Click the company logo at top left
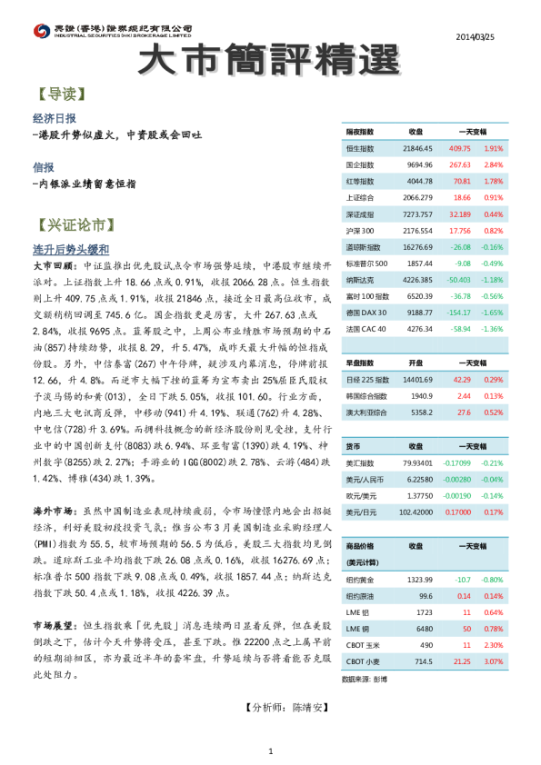click(40, 32)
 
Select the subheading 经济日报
click(54, 118)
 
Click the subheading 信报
click(43, 167)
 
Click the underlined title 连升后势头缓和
click(71, 248)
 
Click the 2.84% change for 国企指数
click(493, 164)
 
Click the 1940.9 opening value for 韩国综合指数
click(420, 395)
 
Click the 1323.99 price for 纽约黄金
click(419, 579)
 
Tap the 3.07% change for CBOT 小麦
click(493, 661)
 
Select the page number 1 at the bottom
click(270, 750)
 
